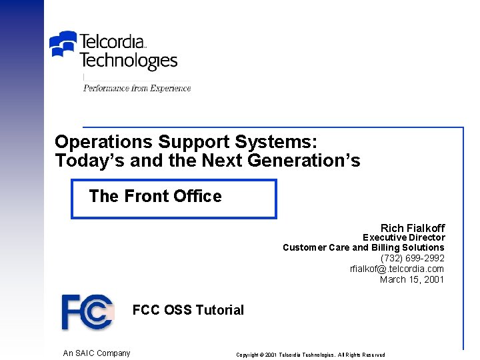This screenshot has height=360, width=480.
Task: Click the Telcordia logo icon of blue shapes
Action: click(x=64, y=45)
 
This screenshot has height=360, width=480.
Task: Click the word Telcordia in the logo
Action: click(x=112, y=41)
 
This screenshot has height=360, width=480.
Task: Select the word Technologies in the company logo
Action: click(x=128, y=61)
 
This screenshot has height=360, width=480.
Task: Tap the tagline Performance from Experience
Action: click(x=137, y=88)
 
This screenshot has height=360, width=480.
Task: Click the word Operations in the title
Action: click(x=104, y=142)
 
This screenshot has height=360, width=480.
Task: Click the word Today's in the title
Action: click(x=84, y=161)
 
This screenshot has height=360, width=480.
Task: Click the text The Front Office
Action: click(x=155, y=196)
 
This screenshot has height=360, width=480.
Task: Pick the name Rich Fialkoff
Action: click(x=412, y=228)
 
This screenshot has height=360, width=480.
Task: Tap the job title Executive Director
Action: click(x=403, y=237)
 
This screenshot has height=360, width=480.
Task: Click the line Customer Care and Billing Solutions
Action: click(x=363, y=247)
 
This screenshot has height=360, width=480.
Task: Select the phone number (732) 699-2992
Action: click(x=412, y=258)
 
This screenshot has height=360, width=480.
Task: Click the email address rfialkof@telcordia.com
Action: click(x=397, y=269)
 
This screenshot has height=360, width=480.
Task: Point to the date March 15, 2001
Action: click(x=411, y=279)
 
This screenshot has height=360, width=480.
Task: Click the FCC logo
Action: click(x=87, y=311)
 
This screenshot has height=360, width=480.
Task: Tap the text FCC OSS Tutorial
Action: click(x=188, y=310)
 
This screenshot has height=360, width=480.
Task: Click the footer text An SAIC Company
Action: click(x=97, y=353)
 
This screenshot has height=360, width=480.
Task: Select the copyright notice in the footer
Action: click(x=310, y=355)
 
